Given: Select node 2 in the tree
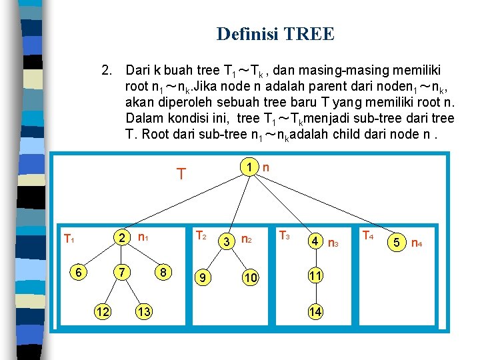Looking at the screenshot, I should [x=121, y=237].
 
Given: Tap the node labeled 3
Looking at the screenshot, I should [x=227, y=241].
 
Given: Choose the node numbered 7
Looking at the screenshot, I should [x=121, y=273].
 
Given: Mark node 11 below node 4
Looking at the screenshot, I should [x=314, y=275].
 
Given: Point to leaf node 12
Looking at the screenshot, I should [x=102, y=311].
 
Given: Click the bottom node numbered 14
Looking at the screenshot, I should [x=314, y=311].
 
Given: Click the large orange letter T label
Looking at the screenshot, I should [x=180, y=175].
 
